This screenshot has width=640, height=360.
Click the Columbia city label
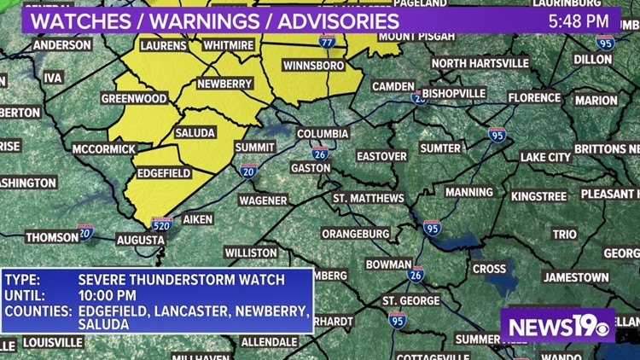tap(323, 134)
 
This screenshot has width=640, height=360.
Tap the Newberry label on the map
tap(224, 84)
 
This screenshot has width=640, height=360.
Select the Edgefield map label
tap(164, 172)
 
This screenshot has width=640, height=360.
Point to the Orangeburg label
tap(356, 233)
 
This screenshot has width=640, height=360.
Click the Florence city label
tap(535, 98)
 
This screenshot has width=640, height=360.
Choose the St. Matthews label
tap(369, 198)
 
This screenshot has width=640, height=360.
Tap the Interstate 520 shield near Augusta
tap(162, 224)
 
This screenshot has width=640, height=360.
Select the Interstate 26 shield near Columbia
tap(320, 154)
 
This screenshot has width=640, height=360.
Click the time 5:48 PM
tap(579, 20)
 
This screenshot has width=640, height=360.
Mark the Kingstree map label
tap(538, 196)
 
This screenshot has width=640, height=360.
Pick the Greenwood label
tap(134, 99)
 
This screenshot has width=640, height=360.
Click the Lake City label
tap(546, 157)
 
